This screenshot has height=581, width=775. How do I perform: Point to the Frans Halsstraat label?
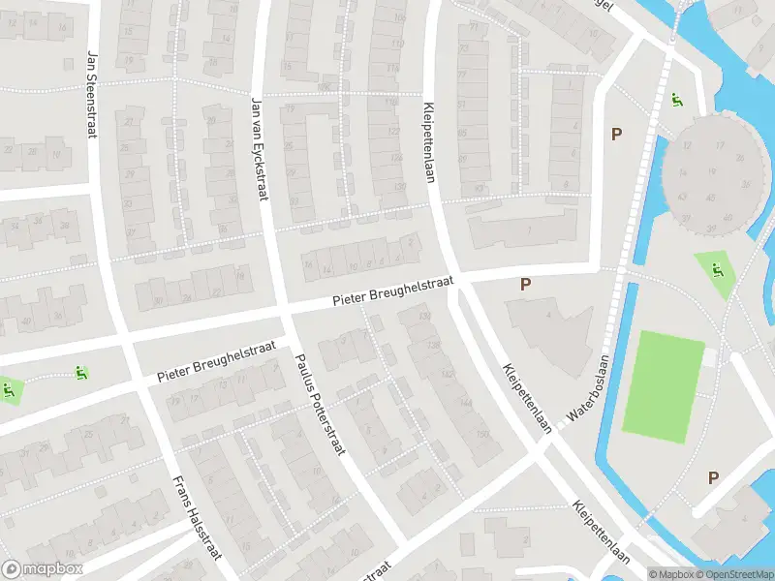(198, 518)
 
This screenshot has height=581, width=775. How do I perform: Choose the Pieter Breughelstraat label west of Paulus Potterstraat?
(217, 360)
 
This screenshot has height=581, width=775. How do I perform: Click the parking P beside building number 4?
(526, 285)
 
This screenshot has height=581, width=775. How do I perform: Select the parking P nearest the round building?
(615, 135)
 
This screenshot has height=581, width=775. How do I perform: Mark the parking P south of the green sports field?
(713, 477)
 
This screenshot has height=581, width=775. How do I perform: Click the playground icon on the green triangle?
(717, 269)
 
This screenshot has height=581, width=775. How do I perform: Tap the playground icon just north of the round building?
(677, 99)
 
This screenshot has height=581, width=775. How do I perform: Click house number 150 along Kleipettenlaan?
(481, 434)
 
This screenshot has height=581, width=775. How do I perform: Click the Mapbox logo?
(43, 569)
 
